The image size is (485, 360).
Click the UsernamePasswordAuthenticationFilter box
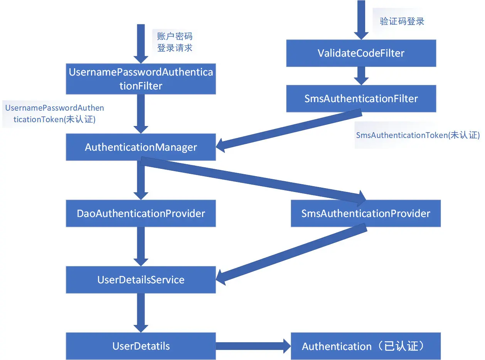[141, 79]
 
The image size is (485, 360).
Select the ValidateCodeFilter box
[361, 53]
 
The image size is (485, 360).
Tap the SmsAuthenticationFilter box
[361, 99]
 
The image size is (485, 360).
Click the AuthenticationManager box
[141, 147]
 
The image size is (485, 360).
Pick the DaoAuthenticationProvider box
[141, 213]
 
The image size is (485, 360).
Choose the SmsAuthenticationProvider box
[365, 213]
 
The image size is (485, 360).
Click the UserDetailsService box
[141, 279]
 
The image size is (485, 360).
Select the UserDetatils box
[141, 346]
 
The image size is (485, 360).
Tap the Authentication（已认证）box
[365, 346]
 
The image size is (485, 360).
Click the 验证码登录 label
[402, 21]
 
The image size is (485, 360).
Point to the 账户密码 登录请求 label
[175, 42]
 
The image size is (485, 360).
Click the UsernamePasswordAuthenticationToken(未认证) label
[54, 114]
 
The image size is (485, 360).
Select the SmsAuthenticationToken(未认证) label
[418, 135]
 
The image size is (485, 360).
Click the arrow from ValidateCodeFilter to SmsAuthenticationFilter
[361, 76]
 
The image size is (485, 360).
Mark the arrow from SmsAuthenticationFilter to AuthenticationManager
[289, 130]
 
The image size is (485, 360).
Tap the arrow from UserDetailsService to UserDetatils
[141, 312]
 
